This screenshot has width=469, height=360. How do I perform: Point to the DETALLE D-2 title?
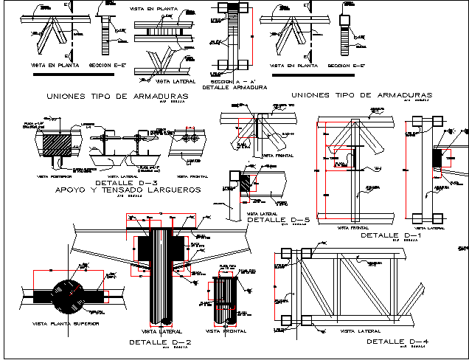[160, 342]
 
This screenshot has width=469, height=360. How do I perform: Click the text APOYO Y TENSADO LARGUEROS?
[127, 190]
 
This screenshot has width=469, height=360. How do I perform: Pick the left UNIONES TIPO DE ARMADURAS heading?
[117, 96]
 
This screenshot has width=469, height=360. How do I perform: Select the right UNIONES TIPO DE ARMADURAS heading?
[361, 95]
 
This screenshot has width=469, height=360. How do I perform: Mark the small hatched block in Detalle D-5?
[245, 183]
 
